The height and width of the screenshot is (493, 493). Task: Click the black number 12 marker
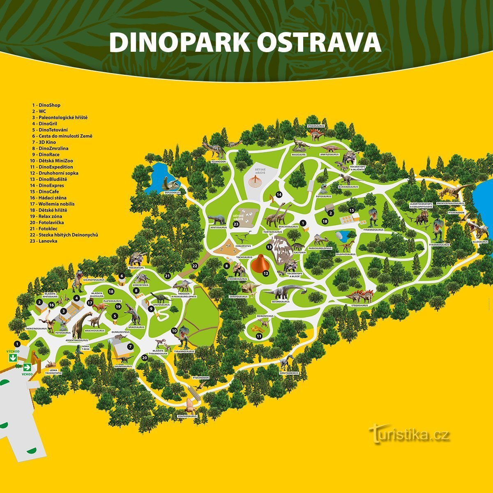266,273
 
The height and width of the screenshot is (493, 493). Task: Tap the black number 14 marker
279,194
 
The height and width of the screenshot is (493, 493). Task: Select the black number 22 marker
195,266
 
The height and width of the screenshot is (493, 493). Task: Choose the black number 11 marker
259,336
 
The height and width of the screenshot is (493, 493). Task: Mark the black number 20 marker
145,358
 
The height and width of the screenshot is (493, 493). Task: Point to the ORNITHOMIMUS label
288,373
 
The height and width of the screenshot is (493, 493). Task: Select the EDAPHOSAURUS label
188,416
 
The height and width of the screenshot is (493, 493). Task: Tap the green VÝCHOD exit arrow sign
13,357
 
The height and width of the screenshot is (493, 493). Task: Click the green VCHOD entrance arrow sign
27,367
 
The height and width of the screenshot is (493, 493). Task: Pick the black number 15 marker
351,210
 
